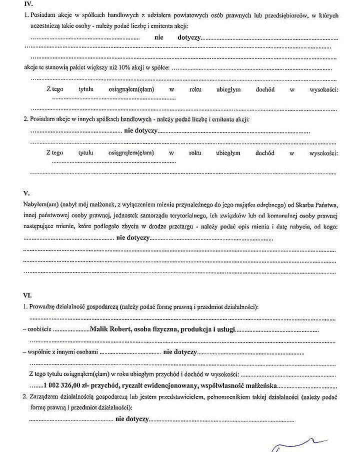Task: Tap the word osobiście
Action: click(39, 330)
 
